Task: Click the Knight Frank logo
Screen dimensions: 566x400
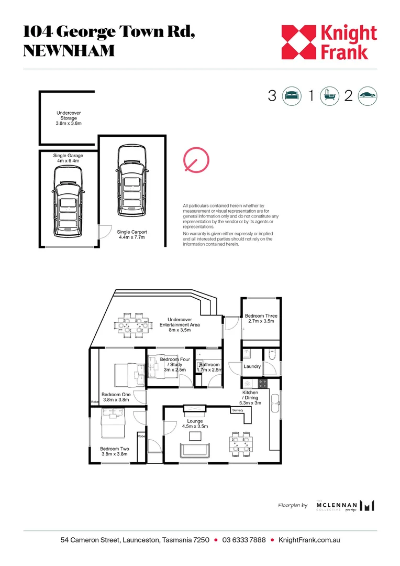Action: pyautogui.click(x=329, y=42)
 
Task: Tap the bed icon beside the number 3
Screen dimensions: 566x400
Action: pyautogui.click(x=291, y=96)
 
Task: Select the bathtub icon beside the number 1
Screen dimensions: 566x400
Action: pyautogui.click(x=329, y=96)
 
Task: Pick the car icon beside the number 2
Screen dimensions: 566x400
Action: pyautogui.click(x=368, y=96)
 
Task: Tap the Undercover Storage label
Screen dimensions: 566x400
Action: pyautogui.click(x=68, y=118)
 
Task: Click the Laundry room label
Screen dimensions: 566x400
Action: pyautogui.click(x=252, y=366)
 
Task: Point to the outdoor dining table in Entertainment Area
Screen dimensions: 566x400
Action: pyautogui.click(x=130, y=325)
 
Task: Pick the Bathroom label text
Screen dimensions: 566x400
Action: pyautogui.click(x=209, y=365)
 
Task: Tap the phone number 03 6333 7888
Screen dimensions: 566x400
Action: pyautogui.click(x=244, y=540)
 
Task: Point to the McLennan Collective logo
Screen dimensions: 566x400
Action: pyautogui.click(x=346, y=505)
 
